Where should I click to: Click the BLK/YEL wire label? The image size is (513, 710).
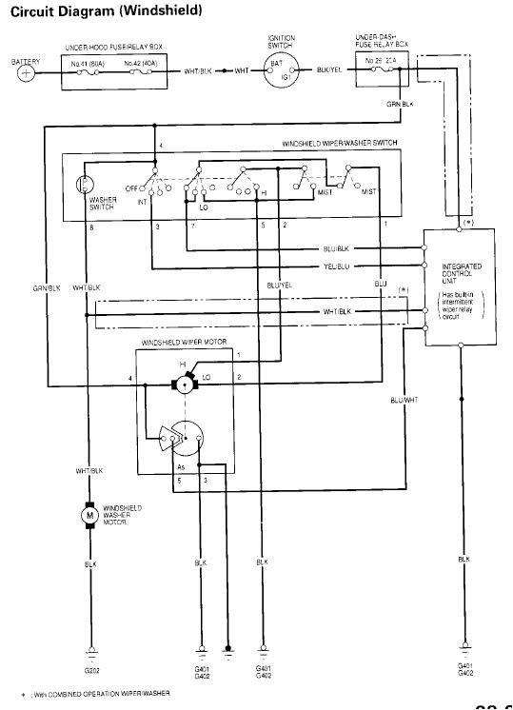click(x=331, y=71)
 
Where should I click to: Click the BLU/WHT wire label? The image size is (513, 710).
click(x=404, y=400)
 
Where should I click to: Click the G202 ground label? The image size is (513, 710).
click(x=91, y=670)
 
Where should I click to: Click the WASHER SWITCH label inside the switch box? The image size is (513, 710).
click(x=102, y=203)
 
